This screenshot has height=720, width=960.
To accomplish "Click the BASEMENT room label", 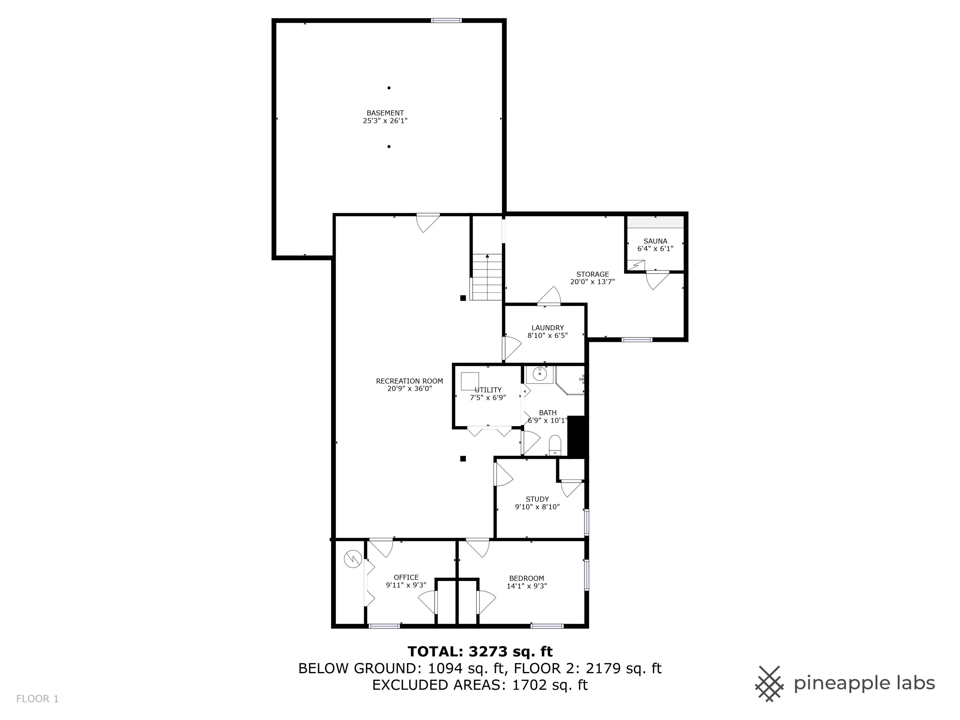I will point(385,113).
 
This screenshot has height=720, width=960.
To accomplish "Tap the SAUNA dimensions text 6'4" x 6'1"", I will point(655,249).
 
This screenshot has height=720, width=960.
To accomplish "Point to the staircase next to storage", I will point(487,277).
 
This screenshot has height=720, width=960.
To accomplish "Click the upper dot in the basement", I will point(389,88).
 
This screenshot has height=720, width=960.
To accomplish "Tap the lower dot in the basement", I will point(389,147).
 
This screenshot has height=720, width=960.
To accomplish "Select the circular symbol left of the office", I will point(352,559).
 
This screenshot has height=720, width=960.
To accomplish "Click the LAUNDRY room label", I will point(547,328).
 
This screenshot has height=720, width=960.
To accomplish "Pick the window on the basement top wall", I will point(446,20).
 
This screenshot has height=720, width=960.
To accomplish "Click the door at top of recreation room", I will point(428,222).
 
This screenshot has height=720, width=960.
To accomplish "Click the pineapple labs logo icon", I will point(769,684).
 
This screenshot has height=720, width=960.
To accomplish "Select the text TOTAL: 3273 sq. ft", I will point(480,652).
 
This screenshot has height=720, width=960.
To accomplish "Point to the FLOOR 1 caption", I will point(37,699).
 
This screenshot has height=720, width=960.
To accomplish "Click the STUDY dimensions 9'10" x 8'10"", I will point(537,507).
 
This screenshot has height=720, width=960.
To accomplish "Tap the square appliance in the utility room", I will point(469,381).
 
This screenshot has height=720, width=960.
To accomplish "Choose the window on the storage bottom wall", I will point(637,340).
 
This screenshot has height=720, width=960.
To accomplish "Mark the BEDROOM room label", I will point(526,578).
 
